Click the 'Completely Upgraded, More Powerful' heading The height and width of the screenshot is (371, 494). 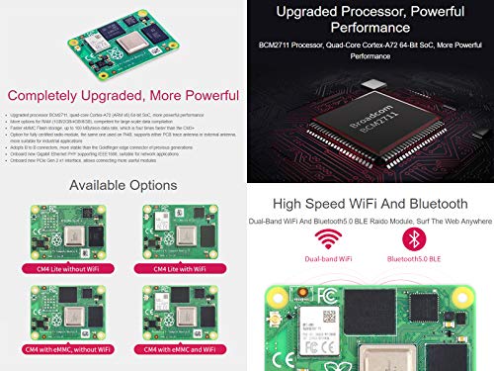pos(123,96)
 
